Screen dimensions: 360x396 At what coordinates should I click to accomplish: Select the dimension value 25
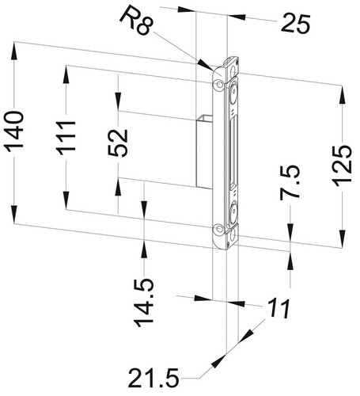(x=296, y=24)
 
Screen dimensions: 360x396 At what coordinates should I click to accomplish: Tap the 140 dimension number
(x=14, y=131)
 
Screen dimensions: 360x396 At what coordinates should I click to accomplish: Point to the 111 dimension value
(x=66, y=137)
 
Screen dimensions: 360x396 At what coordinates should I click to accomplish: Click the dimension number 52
(x=118, y=143)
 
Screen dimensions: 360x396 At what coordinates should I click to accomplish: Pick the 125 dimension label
(x=342, y=166)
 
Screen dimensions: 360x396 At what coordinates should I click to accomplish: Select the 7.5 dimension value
(x=290, y=181)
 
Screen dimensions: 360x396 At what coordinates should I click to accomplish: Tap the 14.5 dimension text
(x=144, y=303)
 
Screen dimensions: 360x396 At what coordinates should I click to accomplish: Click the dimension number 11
(x=279, y=308)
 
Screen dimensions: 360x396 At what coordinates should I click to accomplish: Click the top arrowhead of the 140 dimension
(x=14, y=51)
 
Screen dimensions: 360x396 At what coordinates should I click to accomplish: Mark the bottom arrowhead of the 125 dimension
(x=342, y=238)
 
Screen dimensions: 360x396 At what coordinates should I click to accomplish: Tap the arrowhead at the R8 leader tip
(x=206, y=64)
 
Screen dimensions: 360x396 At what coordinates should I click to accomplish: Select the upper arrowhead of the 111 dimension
(x=66, y=74)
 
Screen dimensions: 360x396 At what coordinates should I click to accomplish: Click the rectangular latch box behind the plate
(x=204, y=151)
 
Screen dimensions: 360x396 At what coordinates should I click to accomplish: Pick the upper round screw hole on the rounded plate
(x=219, y=85)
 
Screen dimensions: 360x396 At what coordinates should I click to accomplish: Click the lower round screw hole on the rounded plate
(x=219, y=229)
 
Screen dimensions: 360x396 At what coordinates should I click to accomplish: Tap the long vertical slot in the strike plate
(x=233, y=153)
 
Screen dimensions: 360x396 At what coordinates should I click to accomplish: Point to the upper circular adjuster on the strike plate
(x=233, y=93)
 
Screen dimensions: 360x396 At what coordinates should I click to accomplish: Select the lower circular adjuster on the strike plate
(x=233, y=211)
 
